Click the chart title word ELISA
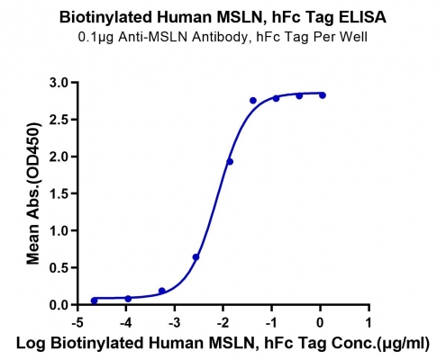362,17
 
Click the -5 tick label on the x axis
77,323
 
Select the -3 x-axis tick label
174,323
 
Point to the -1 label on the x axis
271,323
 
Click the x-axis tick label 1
369,323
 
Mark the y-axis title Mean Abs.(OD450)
33,193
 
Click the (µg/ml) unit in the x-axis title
403,344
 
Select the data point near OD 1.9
230,162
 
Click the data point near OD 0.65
196,257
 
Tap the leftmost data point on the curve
95,301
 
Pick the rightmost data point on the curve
323,95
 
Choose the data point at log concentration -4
128,299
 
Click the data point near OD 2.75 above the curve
253,101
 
